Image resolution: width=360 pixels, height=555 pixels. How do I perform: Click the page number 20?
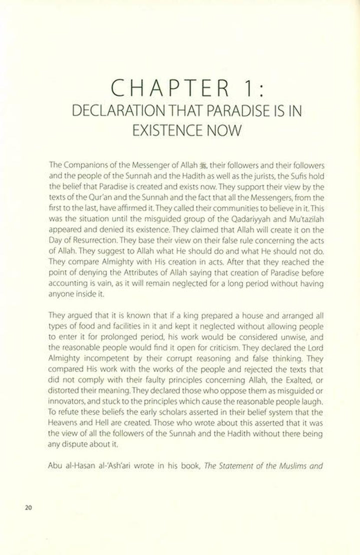click(27, 507)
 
